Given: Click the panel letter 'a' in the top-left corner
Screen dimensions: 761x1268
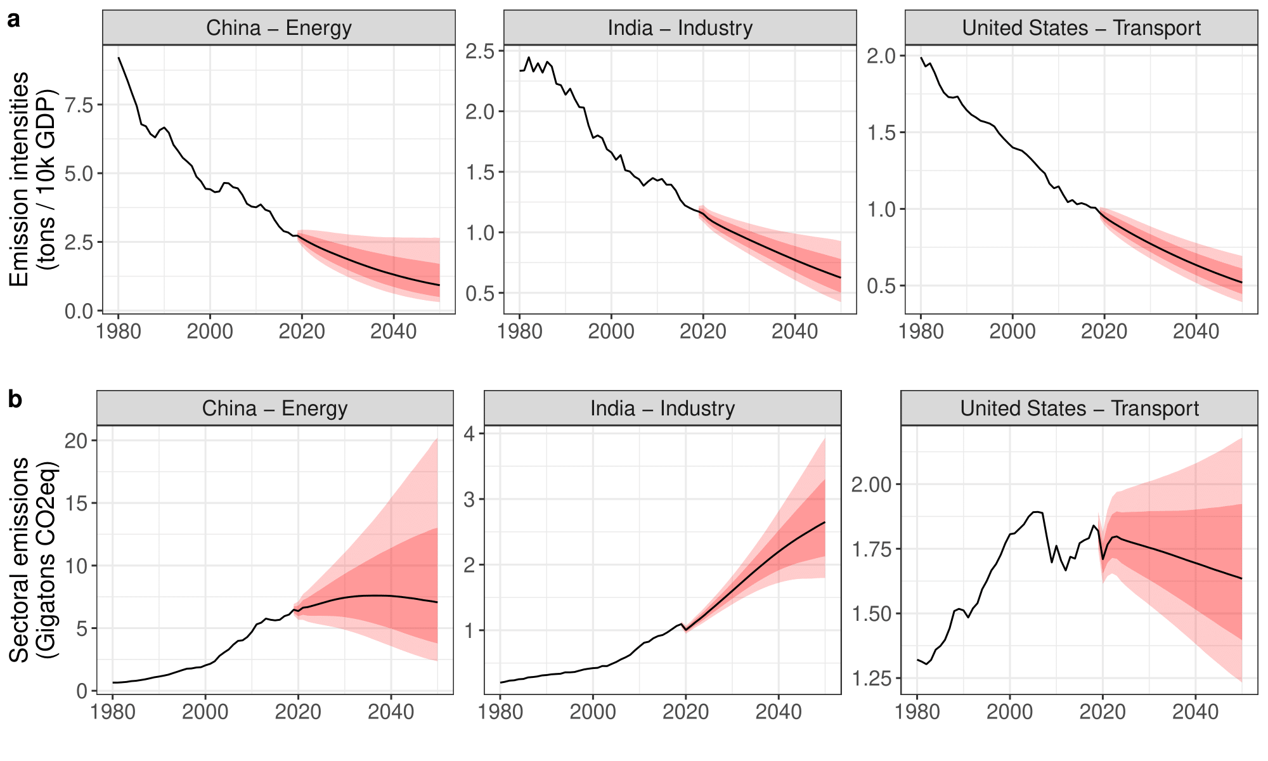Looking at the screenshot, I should (x=14, y=20).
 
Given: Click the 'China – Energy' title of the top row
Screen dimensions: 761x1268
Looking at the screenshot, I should (x=279, y=28).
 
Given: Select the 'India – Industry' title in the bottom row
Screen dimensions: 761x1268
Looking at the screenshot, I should (x=663, y=408).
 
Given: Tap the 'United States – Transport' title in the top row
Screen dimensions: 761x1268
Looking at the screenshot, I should (x=1081, y=28).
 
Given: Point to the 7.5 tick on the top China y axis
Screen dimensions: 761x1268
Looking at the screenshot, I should (x=79, y=105).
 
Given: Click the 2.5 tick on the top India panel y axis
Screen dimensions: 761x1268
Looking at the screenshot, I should (x=480, y=51).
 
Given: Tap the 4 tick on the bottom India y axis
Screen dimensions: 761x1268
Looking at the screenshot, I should (x=469, y=434).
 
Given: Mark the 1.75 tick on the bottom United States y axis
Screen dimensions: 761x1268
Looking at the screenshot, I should (x=871, y=549).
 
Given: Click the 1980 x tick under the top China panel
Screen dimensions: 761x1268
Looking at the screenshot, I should (x=119, y=331).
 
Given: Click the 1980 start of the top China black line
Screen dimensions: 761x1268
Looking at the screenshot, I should (x=119, y=58).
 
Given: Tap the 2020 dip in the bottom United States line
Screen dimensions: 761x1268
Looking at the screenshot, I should (x=1103, y=559).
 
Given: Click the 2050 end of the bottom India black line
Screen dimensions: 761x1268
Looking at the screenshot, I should (x=825, y=522).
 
